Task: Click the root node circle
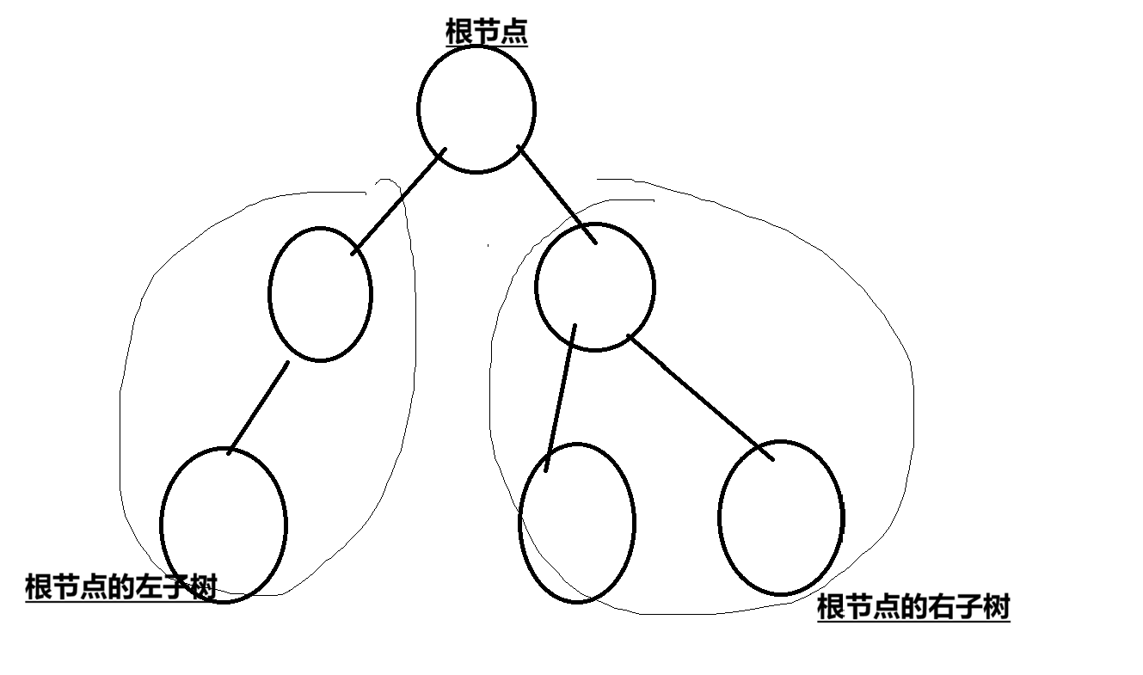tap(476, 109)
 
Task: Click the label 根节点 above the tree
tap(486, 33)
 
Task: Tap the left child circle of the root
tap(320, 293)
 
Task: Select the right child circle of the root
tap(594, 287)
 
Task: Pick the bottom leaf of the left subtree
tap(224, 525)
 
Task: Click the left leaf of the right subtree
tap(577, 523)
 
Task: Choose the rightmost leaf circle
tap(781, 518)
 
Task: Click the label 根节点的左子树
tap(120, 587)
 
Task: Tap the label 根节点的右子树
tap(913, 607)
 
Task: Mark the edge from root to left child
tap(399, 201)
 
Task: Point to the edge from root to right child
tap(556, 195)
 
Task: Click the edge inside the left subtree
tap(258, 407)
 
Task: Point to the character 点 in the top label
tap(514, 33)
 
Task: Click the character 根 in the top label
tap(458, 33)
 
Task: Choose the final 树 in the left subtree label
tap(204, 587)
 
